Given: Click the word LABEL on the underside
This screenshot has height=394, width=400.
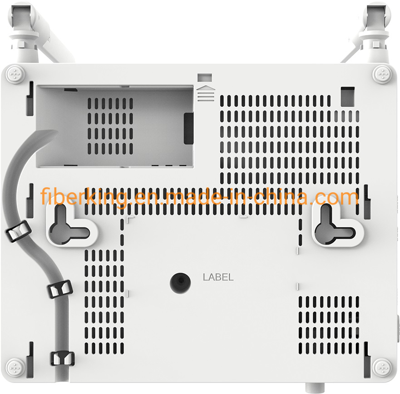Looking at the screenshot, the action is (x=218, y=277).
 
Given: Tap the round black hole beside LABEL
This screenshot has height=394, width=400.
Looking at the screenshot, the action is (x=180, y=283).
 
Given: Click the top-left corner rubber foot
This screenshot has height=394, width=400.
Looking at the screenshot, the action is (x=15, y=75).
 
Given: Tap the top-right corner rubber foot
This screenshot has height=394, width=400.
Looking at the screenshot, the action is (x=382, y=75).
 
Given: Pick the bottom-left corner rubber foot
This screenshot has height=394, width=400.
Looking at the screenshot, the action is (x=15, y=368).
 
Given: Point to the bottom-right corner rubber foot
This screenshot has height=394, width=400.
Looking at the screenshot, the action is (x=382, y=368).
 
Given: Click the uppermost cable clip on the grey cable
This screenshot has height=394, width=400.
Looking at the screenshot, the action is (x=18, y=231).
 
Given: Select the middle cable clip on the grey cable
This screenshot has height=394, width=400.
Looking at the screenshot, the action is (x=60, y=289).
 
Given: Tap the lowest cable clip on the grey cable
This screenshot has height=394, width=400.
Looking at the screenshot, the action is (x=63, y=359).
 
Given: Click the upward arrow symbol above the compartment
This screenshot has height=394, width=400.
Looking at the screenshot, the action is (x=206, y=88).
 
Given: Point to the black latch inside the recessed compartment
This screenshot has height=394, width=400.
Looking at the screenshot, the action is (x=188, y=129).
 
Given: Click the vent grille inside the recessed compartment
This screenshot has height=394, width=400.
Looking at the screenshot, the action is (x=110, y=126).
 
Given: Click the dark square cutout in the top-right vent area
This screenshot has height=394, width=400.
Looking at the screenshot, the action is (x=348, y=96).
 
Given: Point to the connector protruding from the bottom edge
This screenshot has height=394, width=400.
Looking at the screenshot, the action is (x=315, y=387).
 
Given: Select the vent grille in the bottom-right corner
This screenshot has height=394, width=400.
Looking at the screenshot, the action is (x=329, y=325).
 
